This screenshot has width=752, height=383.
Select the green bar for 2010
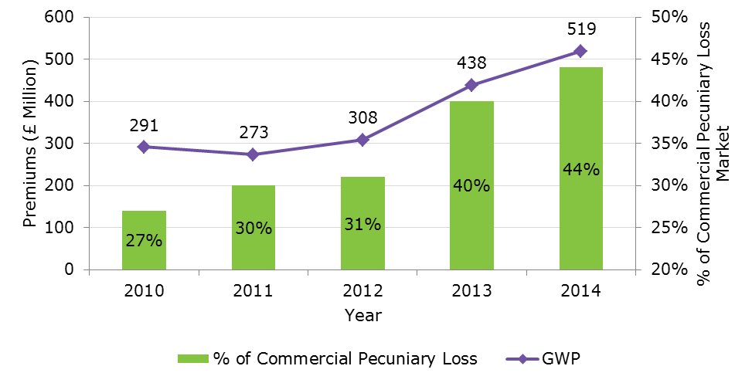pos(144,240)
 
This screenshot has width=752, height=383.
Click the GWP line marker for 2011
pos(253,154)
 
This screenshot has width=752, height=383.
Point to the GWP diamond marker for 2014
pos(580,51)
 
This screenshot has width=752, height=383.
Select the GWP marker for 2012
pos(362,140)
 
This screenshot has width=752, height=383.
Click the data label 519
pos(580,29)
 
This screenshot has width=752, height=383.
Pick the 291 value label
pos(144,124)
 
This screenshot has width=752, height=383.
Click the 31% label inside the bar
pos(362,225)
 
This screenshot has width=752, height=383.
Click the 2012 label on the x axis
pos(362,291)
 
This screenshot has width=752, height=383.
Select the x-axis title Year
pos(362,315)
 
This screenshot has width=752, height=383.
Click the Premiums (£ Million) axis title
pos(31,144)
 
